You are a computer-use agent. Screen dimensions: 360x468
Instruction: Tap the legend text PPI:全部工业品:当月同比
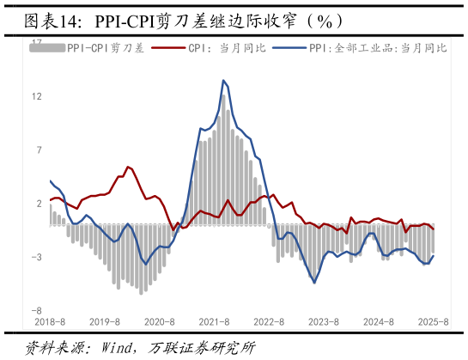pyautogui.click(x=378, y=48)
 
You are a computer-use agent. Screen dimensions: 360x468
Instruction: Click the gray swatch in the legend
pyautogui.click(x=47, y=48)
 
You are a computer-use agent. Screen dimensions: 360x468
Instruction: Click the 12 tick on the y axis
pyautogui.click(x=37, y=96)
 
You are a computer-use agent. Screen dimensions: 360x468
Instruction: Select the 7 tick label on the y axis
pyautogui.click(x=39, y=150)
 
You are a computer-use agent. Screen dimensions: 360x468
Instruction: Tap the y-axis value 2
pyautogui.click(x=39, y=204)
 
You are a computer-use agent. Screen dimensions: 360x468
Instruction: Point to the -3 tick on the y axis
pyautogui.click(x=37, y=257)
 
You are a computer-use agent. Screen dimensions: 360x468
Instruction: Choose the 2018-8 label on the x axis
pyautogui.click(x=50, y=321)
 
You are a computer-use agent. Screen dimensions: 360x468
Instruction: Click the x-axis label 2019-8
pyautogui.click(x=105, y=321)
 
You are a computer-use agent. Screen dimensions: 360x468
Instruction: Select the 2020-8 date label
pyautogui.click(x=160, y=321)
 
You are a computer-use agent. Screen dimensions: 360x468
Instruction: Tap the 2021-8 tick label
pyautogui.click(x=215, y=321)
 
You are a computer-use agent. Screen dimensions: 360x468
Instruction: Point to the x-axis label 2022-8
pyautogui.click(x=270, y=321)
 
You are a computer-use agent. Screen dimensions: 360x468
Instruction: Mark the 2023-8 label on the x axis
pyautogui.click(x=324, y=321)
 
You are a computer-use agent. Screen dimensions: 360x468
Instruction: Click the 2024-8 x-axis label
pyautogui.click(x=379, y=321)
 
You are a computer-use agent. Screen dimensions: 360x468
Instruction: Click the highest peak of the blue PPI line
pyautogui.click(x=223, y=81)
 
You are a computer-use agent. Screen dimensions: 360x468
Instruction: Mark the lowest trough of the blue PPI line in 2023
pyautogui.click(x=314, y=283)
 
